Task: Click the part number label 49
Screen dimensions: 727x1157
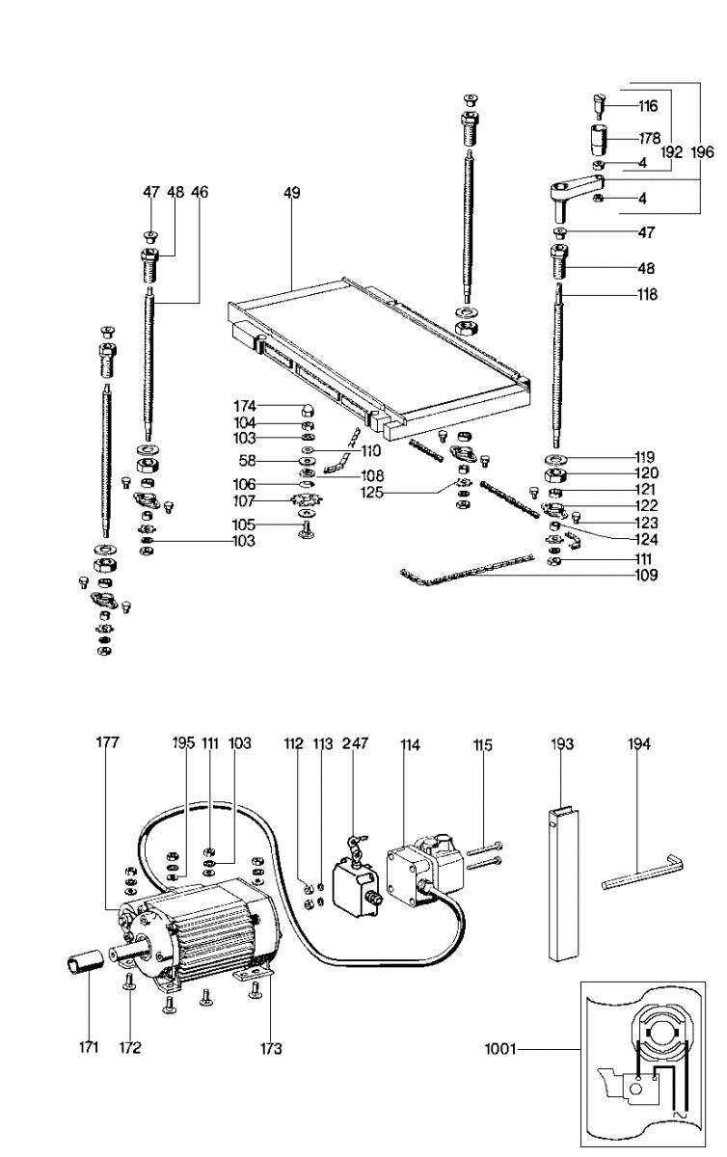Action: pyautogui.click(x=291, y=193)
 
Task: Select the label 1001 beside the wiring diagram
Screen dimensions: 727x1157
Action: pyautogui.click(x=500, y=1049)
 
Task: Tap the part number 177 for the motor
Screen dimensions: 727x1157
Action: pyautogui.click(x=107, y=742)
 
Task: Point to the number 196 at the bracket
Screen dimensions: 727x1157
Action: pyautogui.click(x=702, y=152)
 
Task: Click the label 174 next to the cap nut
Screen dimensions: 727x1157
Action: pyautogui.click(x=245, y=406)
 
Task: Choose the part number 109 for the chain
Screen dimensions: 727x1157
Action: pyautogui.click(x=646, y=575)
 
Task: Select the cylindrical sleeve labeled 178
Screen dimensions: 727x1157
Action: pyautogui.click(x=599, y=140)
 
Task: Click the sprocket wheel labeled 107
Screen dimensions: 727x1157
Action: pyautogui.click(x=307, y=500)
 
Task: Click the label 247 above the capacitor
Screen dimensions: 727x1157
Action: pyautogui.click(x=355, y=743)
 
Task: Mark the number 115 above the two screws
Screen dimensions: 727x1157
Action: pyautogui.click(x=483, y=744)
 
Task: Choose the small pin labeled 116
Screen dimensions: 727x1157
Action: pyautogui.click(x=599, y=106)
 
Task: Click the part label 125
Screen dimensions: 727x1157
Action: pyautogui.click(x=372, y=493)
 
